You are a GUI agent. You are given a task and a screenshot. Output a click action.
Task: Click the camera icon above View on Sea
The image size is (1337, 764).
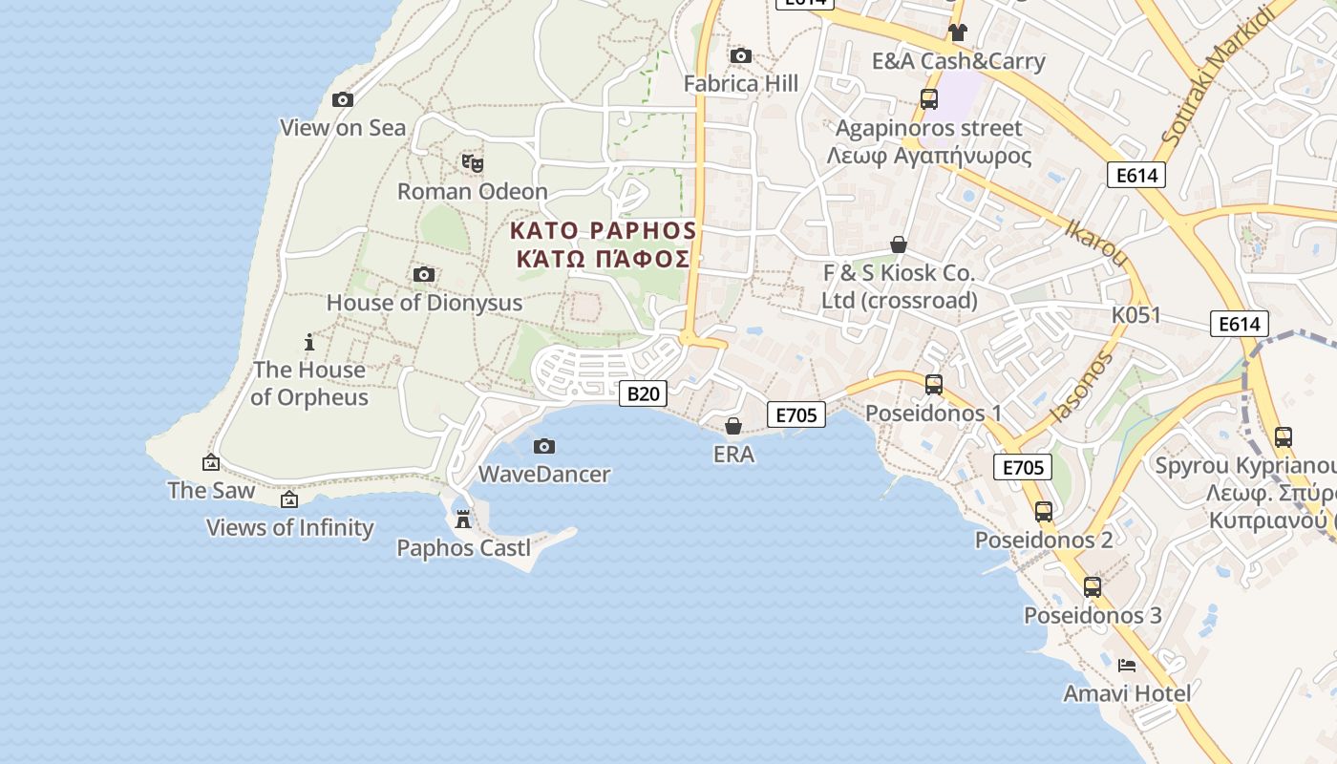coord(343,99)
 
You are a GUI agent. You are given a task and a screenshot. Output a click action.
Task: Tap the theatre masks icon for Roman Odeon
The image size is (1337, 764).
coord(472,163)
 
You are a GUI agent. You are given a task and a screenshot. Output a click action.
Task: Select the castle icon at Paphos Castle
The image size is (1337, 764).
coord(463,519)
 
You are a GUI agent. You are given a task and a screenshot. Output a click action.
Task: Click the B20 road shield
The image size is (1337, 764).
coord(642,393)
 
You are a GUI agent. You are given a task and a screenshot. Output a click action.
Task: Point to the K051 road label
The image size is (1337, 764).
coord(1135,315)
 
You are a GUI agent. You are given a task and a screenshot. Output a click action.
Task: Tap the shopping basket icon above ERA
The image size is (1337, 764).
coord(733,426)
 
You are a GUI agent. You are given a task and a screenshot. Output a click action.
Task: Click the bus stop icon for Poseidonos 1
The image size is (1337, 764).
coord(934,385)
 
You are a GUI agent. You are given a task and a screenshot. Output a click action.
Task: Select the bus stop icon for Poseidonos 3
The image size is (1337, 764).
coord(1093,587)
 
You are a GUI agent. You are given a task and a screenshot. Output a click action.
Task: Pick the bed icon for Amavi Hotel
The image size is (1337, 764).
coord(1127,665)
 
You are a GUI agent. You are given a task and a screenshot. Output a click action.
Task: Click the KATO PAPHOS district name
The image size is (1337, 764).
coord(603,231)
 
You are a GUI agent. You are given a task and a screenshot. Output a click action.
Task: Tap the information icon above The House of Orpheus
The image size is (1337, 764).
coord(308,342)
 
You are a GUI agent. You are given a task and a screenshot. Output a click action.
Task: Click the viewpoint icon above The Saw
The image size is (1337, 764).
coord(211,462)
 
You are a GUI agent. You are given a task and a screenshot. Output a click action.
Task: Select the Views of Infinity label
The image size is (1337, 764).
coord(290,527)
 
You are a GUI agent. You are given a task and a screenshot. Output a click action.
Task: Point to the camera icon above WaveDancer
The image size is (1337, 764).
coord(544,446)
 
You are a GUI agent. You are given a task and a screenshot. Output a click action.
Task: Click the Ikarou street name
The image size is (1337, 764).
coord(1095,243)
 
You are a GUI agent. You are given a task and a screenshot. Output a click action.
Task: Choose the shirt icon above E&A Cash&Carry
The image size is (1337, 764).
coord(958,32)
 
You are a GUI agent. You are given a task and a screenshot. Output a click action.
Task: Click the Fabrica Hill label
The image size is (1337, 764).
coord(741,84)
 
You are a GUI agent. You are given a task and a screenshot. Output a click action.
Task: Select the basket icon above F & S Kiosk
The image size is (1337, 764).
coord(899,244)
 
